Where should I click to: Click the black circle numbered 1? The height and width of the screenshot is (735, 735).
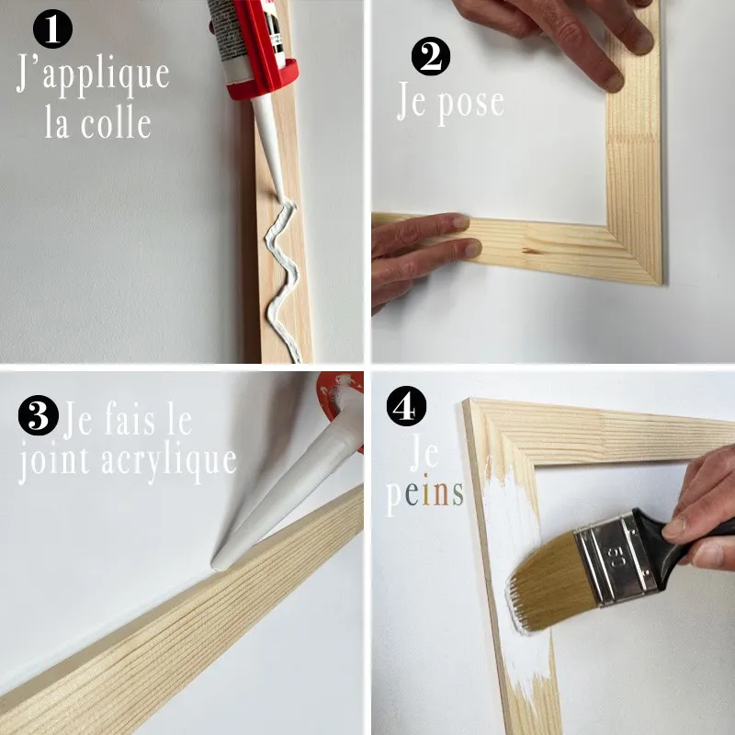[x=52, y=28]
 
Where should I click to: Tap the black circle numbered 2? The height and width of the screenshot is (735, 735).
[x=431, y=56]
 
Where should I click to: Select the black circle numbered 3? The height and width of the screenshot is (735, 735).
[x=39, y=415]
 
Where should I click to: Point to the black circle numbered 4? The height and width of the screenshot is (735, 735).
[x=406, y=406]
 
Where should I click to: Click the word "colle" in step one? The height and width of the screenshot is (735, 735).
[x=117, y=124]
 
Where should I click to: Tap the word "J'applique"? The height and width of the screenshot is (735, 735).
[x=93, y=74]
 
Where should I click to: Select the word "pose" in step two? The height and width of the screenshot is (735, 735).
[x=470, y=106]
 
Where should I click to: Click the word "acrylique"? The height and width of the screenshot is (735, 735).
[x=169, y=462]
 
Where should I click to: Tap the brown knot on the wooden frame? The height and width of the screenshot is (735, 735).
[x=535, y=251]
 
